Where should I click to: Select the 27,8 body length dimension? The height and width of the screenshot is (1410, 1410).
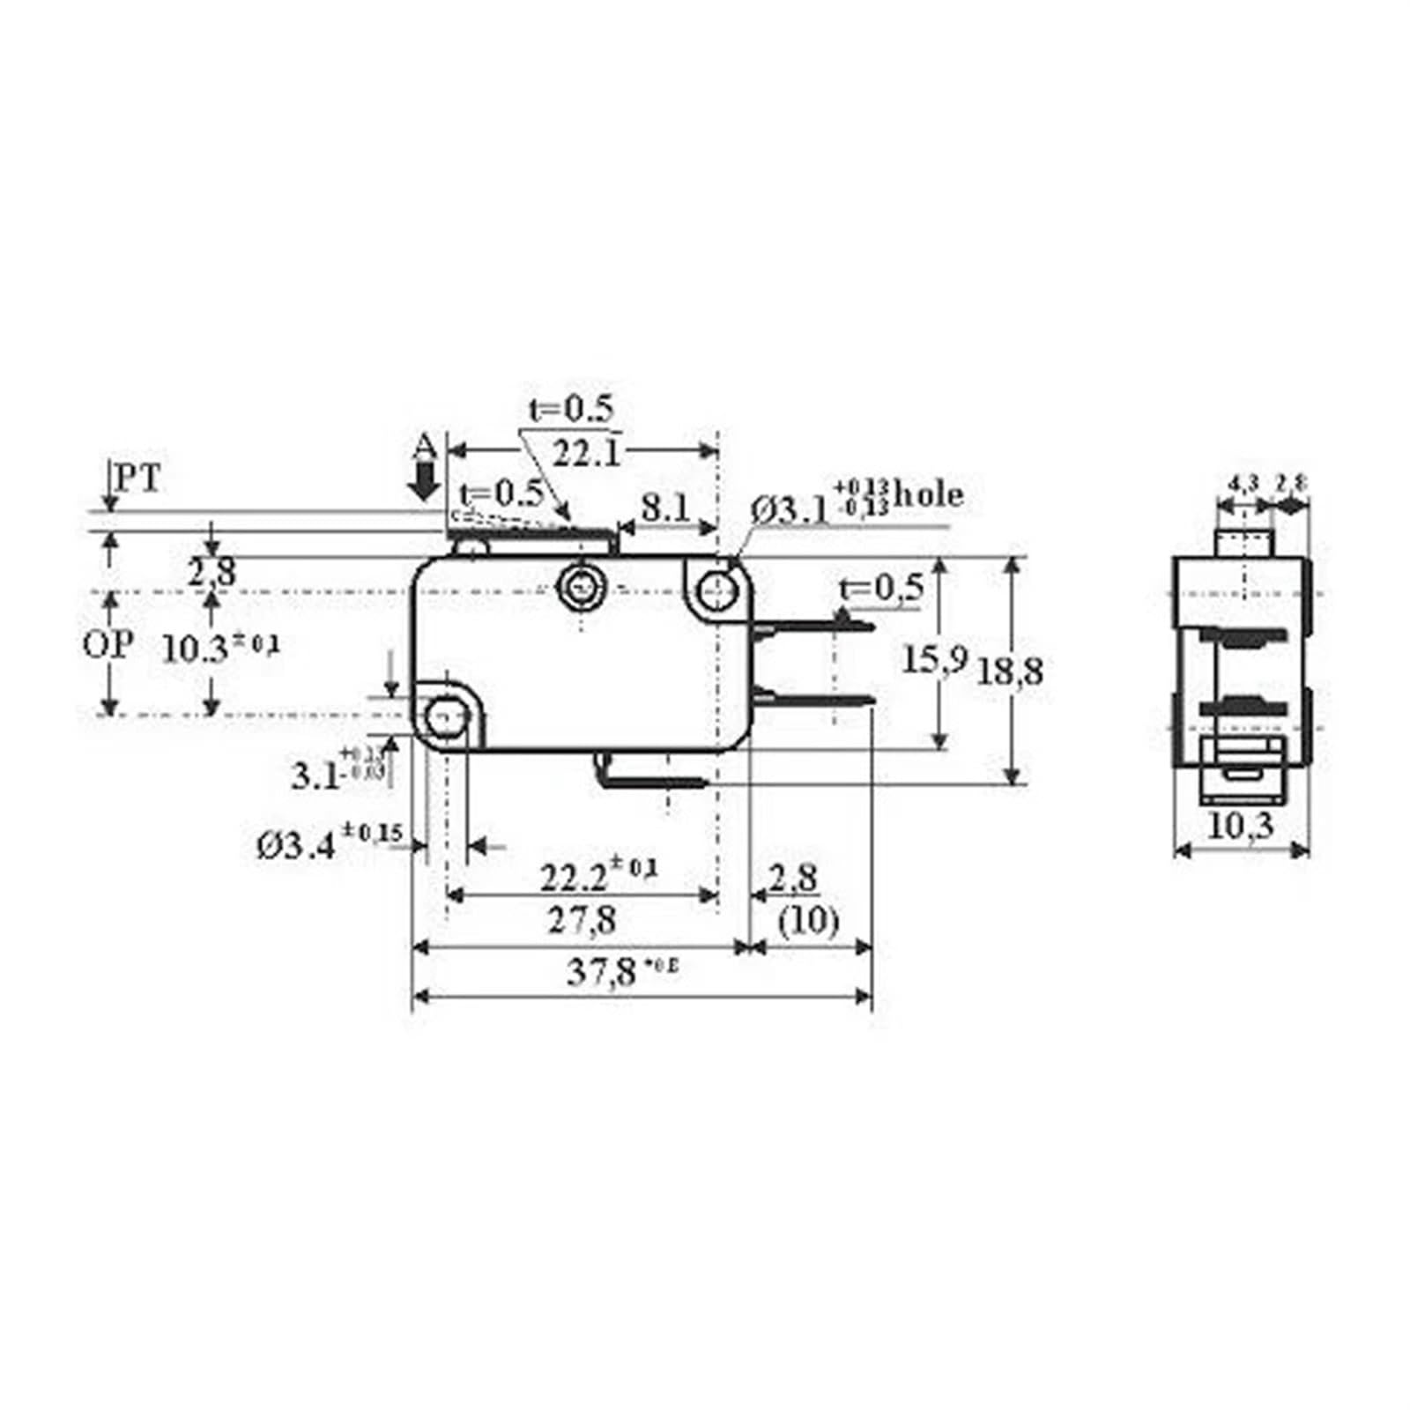click(582, 921)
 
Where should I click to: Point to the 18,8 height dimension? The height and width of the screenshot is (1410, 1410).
click(1009, 672)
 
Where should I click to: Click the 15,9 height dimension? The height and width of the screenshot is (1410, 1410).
click(934, 658)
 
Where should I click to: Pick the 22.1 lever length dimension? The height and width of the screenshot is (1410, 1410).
click(586, 454)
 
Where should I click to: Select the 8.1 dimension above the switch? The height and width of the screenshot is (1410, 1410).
click(665, 508)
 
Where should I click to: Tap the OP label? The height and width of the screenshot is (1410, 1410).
click(108, 646)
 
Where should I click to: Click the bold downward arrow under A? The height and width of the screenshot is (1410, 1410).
click(427, 482)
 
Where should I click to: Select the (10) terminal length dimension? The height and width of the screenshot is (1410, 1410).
click(808, 921)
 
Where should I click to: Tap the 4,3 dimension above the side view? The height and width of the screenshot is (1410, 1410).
click(1243, 483)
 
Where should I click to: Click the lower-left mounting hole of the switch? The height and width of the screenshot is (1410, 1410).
click(445, 716)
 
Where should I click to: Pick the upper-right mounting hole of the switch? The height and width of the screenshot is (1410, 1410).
click(720, 588)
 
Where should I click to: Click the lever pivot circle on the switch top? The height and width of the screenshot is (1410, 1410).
click(580, 583)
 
